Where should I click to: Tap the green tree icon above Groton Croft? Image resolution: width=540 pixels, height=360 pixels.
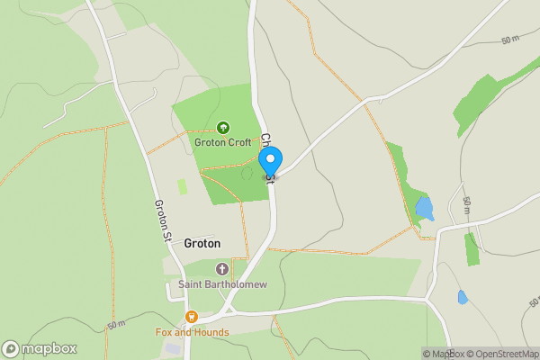[x=223, y=128]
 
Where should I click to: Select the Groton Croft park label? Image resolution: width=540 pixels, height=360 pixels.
[x=223, y=142]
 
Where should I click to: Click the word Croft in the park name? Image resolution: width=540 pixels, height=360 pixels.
[x=238, y=142]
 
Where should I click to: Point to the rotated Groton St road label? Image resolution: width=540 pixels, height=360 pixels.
[x=163, y=221]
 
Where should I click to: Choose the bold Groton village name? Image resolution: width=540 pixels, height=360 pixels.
[x=202, y=243]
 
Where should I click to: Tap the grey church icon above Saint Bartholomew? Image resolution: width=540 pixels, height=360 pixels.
[x=222, y=269]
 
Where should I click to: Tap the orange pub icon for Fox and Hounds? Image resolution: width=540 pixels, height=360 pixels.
[x=191, y=317]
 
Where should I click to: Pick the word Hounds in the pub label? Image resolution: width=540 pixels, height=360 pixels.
[x=213, y=332]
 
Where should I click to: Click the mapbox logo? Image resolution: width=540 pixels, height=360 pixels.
[x=40, y=349]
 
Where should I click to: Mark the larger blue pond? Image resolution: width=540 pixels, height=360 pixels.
[x=424, y=209]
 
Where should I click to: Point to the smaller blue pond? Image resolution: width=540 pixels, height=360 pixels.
[x=463, y=297]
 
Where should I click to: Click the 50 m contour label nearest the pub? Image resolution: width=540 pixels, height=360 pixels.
[x=116, y=324]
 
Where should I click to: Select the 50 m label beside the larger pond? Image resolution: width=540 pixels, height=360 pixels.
[x=466, y=206]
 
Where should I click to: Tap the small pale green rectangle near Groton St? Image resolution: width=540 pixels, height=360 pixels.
[x=182, y=186]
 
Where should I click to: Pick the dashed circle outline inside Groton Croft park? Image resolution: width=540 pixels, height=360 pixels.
[x=247, y=173]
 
